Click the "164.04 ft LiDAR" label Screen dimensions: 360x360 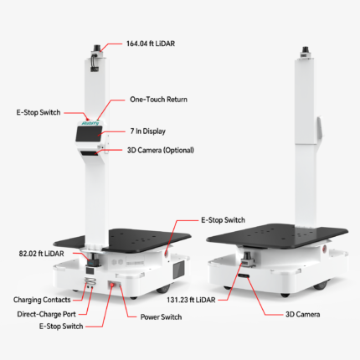point(151,44)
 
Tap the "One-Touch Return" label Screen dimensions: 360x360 point(158,100)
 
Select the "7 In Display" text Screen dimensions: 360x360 point(148,131)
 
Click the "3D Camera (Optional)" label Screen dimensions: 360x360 point(161,150)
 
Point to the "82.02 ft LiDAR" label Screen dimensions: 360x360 point(41,254)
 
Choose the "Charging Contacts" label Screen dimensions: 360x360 point(42,300)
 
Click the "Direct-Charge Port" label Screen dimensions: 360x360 point(46,314)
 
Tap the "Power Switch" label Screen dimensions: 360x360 point(161,317)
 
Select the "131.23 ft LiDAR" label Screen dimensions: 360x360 point(191,300)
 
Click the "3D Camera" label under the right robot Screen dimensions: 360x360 point(303,315)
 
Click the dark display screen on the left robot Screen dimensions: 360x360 point(89,134)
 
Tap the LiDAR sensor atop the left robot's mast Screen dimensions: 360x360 point(97,48)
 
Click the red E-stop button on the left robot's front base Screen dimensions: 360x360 point(112,285)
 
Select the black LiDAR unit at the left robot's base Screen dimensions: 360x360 point(92,260)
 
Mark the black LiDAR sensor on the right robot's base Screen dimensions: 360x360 point(247,258)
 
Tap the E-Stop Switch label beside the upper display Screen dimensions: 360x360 point(39,112)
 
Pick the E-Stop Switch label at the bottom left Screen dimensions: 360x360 point(61,327)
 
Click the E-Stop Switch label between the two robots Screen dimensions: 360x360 point(224,220)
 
